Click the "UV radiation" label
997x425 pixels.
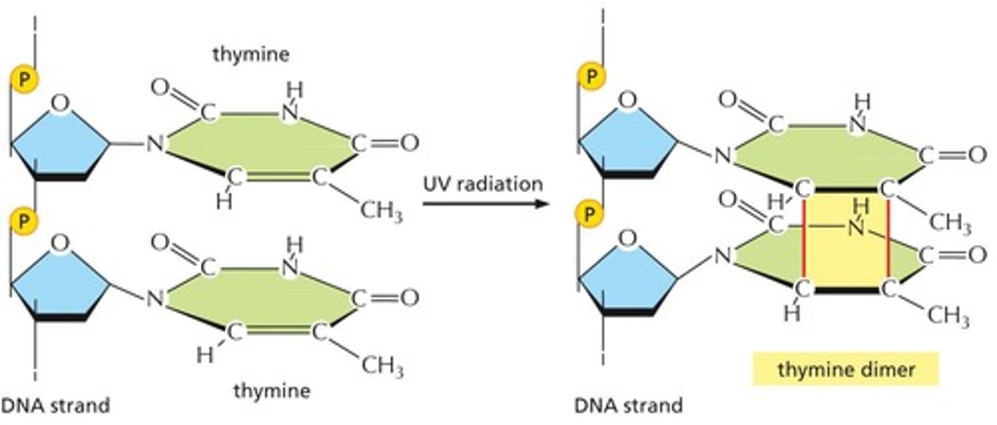coord(483,184)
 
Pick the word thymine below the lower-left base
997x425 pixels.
coord(271,391)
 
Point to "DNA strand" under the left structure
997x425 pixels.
coord(55,405)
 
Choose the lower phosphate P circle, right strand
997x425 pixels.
coord(591,213)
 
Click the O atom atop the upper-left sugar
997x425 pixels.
coord(61,103)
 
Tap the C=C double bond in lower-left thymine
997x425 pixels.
coord(277,332)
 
